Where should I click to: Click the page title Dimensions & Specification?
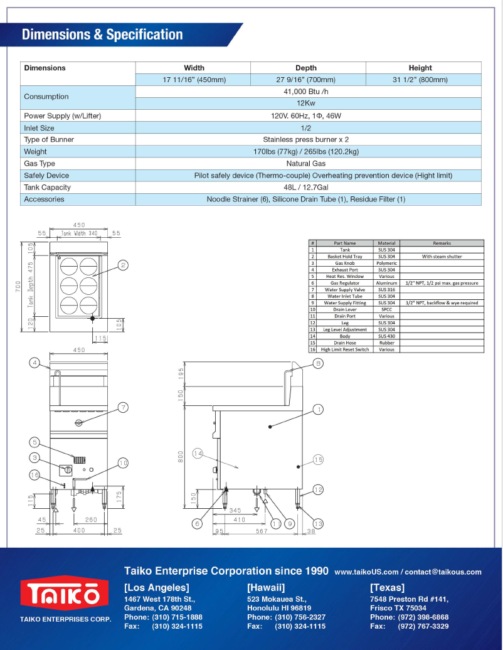pyautogui.click(x=102, y=35)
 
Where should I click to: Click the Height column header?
pyautogui.click(x=420, y=68)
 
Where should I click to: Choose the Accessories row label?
pyautogui.click(x=44, y=200)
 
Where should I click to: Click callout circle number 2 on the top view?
pyautogui.click(x=124, y=265)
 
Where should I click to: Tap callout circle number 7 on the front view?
pyautogui.click(x=124, y=408)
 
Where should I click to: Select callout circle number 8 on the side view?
pyautogui.click(x=318, y=363)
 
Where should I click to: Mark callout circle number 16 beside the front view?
pyautogui.click(x=35, y=476)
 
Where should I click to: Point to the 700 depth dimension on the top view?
pyautogui.click(x=19, y=286)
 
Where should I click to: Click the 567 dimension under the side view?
pyautogui.click(x=262, y=531)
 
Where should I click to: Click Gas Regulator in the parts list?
pyautogui.click(x=344, y=283)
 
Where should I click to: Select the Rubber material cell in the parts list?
pyautogui.click(x=386, y=343)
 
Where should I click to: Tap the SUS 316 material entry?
pyautogui.click(x=386, y=290)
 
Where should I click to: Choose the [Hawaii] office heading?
pyautogui.click(x=266, y=588)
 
